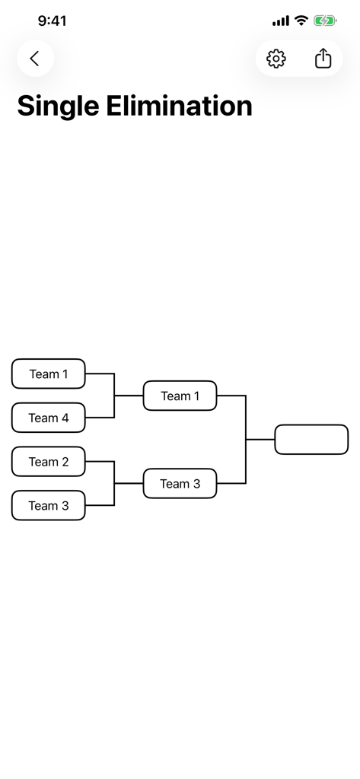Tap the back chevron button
pyautogui.click(x=34, y=59)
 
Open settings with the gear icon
pyautogui.click(x=276, y=59)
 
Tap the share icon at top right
pyautogui.click(x=323, y=59)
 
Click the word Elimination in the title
pyautogui.click(x=179, y=106)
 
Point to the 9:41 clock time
pyautogui.click(x=52, y=21)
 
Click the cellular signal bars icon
pyautogui.click(x=280, y=21)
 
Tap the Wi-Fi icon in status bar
pyautogui.click(x=301, y=21)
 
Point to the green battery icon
pyautogui.click(x=325, y=21)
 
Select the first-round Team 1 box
pyautogui.click(x=49, y=374)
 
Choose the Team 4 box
pyautogui.click(x=49, y=418)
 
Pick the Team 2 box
pyautogui.click(x=49, y=462)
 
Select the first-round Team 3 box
pyautogui.click(x=49, y=506)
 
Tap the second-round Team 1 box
pyautogui.click(x=180, y=396)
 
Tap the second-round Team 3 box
pyautogui.click(x=180, y=484)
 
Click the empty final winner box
pyautogui.click(x=311, y=440)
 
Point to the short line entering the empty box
pyautogui.click(x=260, y=440)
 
